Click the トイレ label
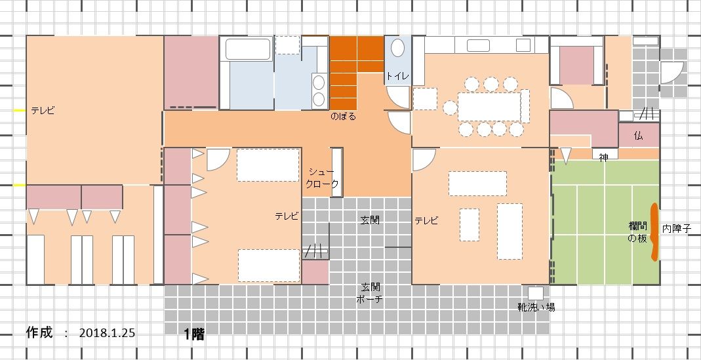point(397,76)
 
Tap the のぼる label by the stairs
point(344,117)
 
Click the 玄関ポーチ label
point(370,292)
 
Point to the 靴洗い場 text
point(536,308)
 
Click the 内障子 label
point(677,228)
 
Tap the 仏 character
point(639,136)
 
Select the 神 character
point(603,157)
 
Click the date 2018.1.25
point(108,332)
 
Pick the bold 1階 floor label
point(195,334)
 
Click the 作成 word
point(39,332)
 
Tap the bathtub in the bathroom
point(248,49)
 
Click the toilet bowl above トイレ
point(398,48)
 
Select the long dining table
point(490,106)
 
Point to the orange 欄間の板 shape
point(654,231)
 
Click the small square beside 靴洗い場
point(536,293)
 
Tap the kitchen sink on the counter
point(478,46)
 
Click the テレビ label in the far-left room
point(43,111)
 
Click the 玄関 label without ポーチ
point(370,220)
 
